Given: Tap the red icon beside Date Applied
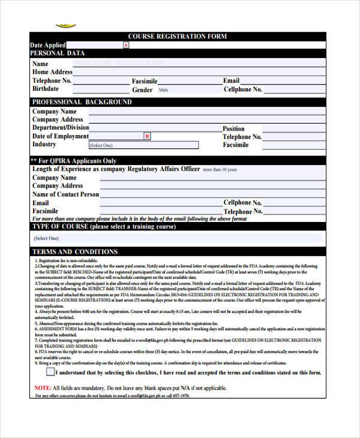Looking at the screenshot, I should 126,45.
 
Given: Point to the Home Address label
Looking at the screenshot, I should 52,72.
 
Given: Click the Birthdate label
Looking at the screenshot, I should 46,89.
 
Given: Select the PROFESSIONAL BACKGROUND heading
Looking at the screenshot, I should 82,102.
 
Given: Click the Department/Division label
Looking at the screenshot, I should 60,128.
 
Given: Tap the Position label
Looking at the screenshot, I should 233,128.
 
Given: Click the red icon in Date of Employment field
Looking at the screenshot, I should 147,136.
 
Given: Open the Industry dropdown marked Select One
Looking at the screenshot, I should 143,145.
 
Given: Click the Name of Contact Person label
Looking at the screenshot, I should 65,194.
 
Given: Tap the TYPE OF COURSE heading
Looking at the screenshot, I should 103,227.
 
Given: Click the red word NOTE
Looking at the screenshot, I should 43,388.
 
